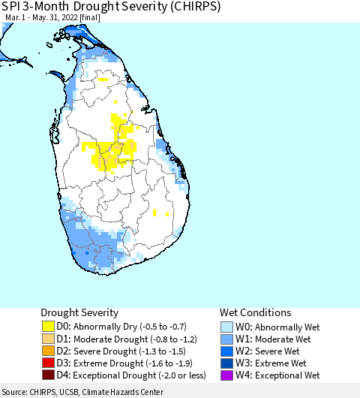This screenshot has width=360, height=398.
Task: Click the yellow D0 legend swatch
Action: tap(47, 327)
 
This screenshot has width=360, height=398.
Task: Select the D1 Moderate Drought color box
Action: tap(47, 339)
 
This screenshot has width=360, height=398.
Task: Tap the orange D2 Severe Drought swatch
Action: tap(47, 351)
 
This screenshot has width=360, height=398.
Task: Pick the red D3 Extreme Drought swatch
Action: tap(47, 363)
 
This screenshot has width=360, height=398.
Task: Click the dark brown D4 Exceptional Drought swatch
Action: tap(47, 375)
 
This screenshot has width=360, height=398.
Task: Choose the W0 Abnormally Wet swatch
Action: tap(226, 327)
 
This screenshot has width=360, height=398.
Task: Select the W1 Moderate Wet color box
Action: tap(226, 339)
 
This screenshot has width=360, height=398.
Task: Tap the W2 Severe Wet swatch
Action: tap(226, 351)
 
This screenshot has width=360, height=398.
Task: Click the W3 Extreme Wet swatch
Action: tap(226, 363)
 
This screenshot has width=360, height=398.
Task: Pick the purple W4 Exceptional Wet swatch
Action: tap(226, 375)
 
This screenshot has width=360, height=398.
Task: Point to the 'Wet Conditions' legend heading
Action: tap(255, 312)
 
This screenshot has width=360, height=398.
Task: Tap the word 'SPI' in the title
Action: tap(11, 8)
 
